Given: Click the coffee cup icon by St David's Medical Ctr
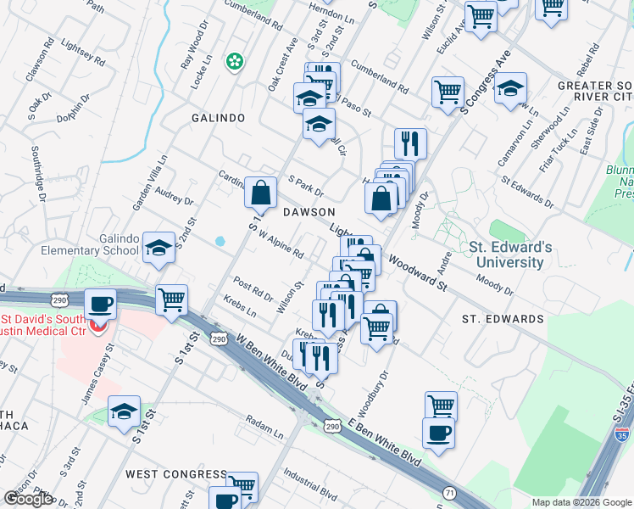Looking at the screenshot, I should coord(100,304).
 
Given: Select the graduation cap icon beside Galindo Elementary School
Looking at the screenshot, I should coord(158,249).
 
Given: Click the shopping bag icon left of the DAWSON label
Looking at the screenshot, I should coord(260,192).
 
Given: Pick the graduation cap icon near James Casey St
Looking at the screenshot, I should coord(124,413).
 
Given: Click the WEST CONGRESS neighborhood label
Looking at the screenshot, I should coord(176,473).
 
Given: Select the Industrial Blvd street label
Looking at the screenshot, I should coord(311,483).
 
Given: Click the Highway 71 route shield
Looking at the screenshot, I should coord(448,492).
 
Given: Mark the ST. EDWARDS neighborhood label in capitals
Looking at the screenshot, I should coord(503,319).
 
